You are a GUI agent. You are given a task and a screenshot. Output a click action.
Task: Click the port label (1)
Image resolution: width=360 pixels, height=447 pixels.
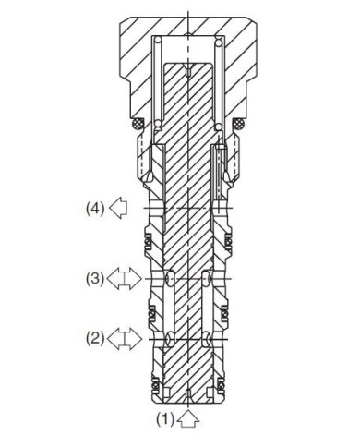(x=165, y=419)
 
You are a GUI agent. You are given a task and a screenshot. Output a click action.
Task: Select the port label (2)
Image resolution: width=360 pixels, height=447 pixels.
(x=95, y=339)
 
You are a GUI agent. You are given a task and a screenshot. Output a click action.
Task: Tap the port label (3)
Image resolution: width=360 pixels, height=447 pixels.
(x=95, y=279)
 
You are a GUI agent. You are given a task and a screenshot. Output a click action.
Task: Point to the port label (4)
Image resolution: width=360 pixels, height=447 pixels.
(x=95, y=209)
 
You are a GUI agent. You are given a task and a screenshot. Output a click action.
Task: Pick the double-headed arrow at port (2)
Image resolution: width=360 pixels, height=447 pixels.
(x=125, y=339)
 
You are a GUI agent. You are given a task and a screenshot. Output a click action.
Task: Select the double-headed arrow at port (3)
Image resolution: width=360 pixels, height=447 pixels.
(x=125, y=279)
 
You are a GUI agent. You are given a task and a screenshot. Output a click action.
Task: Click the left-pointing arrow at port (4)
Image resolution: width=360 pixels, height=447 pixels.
(x=118, y=209)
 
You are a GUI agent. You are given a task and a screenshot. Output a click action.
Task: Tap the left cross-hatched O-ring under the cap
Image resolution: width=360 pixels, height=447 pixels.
(x=138, y=124)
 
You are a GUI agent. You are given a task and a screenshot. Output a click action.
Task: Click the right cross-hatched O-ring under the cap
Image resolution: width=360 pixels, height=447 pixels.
(x=238, y=124)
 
